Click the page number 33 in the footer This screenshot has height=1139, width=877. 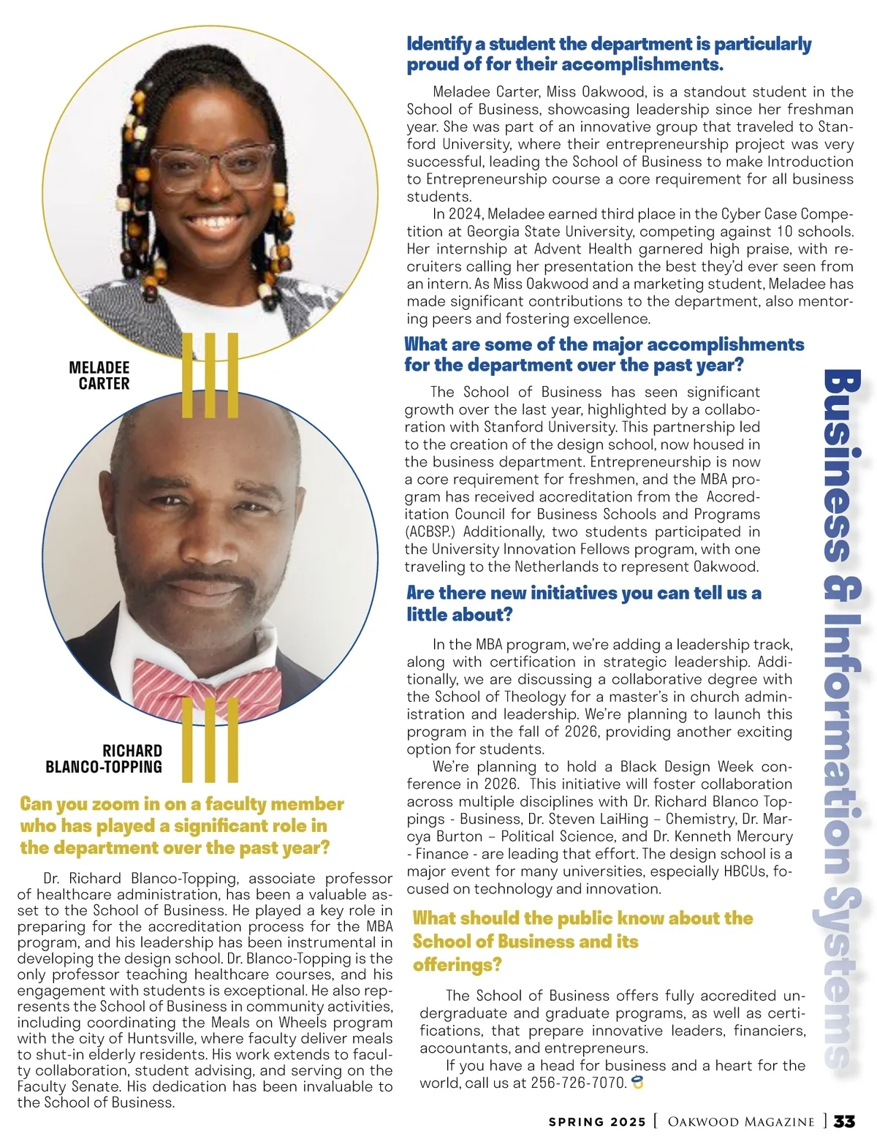coord(845,1121)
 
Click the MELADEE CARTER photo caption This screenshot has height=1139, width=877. coord(99,375)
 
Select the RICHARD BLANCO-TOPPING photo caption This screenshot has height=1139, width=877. coord(104,759)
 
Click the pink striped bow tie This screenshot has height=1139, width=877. coord(206,684)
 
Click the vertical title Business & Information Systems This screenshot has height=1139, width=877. coord(840,716)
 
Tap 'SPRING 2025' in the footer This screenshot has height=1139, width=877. coord(597,1122)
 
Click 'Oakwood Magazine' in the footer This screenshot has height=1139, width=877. coord(741,1122)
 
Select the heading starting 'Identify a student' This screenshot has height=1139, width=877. coord(608,55)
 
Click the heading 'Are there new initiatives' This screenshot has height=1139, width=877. coord(583,603)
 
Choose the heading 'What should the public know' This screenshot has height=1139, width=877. coord(582,941)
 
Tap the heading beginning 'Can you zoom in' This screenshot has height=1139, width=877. coord(181,825)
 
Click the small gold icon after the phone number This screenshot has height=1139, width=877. coord(638,1083)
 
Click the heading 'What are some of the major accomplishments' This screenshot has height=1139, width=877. coord(604,355)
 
